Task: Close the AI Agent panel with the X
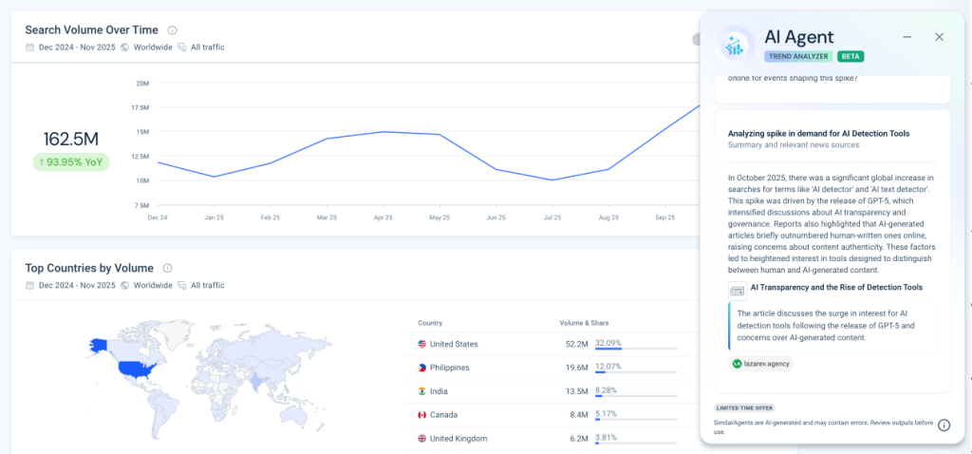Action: coord(939,37)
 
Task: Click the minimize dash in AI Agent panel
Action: coord(907,37)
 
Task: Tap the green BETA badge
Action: coord(850,56)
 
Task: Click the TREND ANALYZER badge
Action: coord(798,56)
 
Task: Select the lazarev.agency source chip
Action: coord(760,363)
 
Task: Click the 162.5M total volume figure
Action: coord(71,140)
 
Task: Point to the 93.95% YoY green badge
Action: coord(71,161)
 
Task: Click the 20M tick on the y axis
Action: coord(142,84)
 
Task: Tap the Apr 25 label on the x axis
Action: coord(383,218)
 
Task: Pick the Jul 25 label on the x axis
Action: coord(551,218)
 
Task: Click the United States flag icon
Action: coord(422,344)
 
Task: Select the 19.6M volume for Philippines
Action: coord(574,368)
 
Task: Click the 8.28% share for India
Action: coord(607,390)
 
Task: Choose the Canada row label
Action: coord(444,414)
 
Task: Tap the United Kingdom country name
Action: coord(458,438)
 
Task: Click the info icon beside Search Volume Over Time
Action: coord(172,30)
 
